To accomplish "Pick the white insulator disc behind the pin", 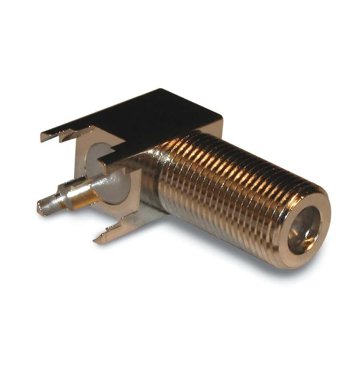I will click(114, 176).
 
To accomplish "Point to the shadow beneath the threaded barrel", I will click(224, 253).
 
